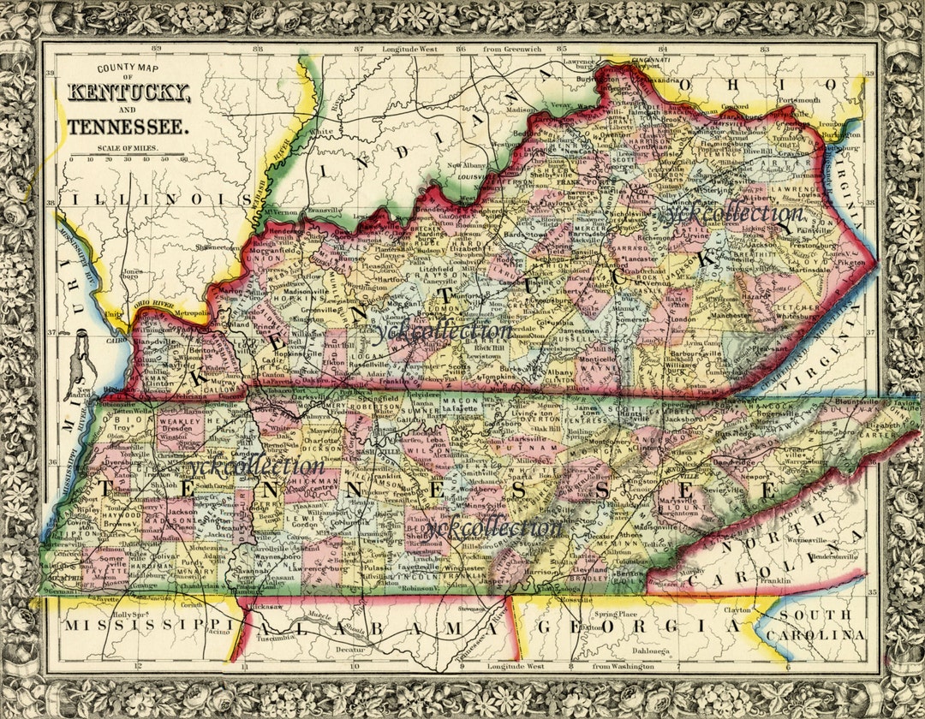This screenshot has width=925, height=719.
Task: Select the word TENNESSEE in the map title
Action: pos(128,128)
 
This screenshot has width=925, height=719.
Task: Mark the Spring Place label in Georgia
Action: pos(617,615)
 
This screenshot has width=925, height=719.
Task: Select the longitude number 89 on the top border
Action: pos(156,50)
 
